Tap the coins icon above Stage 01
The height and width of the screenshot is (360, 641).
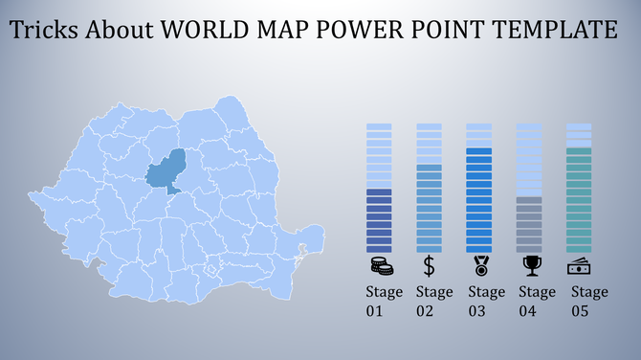pyautogui.click(x=379, y=265)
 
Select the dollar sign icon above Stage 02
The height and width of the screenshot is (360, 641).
pyautogui.click(x=429, y=265)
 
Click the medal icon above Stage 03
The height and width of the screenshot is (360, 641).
pyautogui.click(x=478, y=265)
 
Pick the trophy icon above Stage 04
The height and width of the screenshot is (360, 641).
pyautogui.click(x=529, y=265)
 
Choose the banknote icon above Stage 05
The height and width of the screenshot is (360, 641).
pyautogui.click(x=579, y=265)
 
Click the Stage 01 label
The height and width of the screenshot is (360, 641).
pyautogui.click(x=384, y=302)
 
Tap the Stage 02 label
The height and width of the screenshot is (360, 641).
pyautogui.click(x=433, y=302)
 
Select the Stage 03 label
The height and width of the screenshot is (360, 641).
pyautogui.click(x=485, y=302)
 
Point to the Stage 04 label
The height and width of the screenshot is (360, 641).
pyautogui.click(x=536, y=302)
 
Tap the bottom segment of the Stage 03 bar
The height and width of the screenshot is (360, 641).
pyautogui.click(x=478, y=249)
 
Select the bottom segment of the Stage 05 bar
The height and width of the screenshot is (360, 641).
pyautogui.click(x=579, y=249)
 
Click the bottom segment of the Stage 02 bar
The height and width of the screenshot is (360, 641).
pyautogui.click(x=429, y=249)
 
